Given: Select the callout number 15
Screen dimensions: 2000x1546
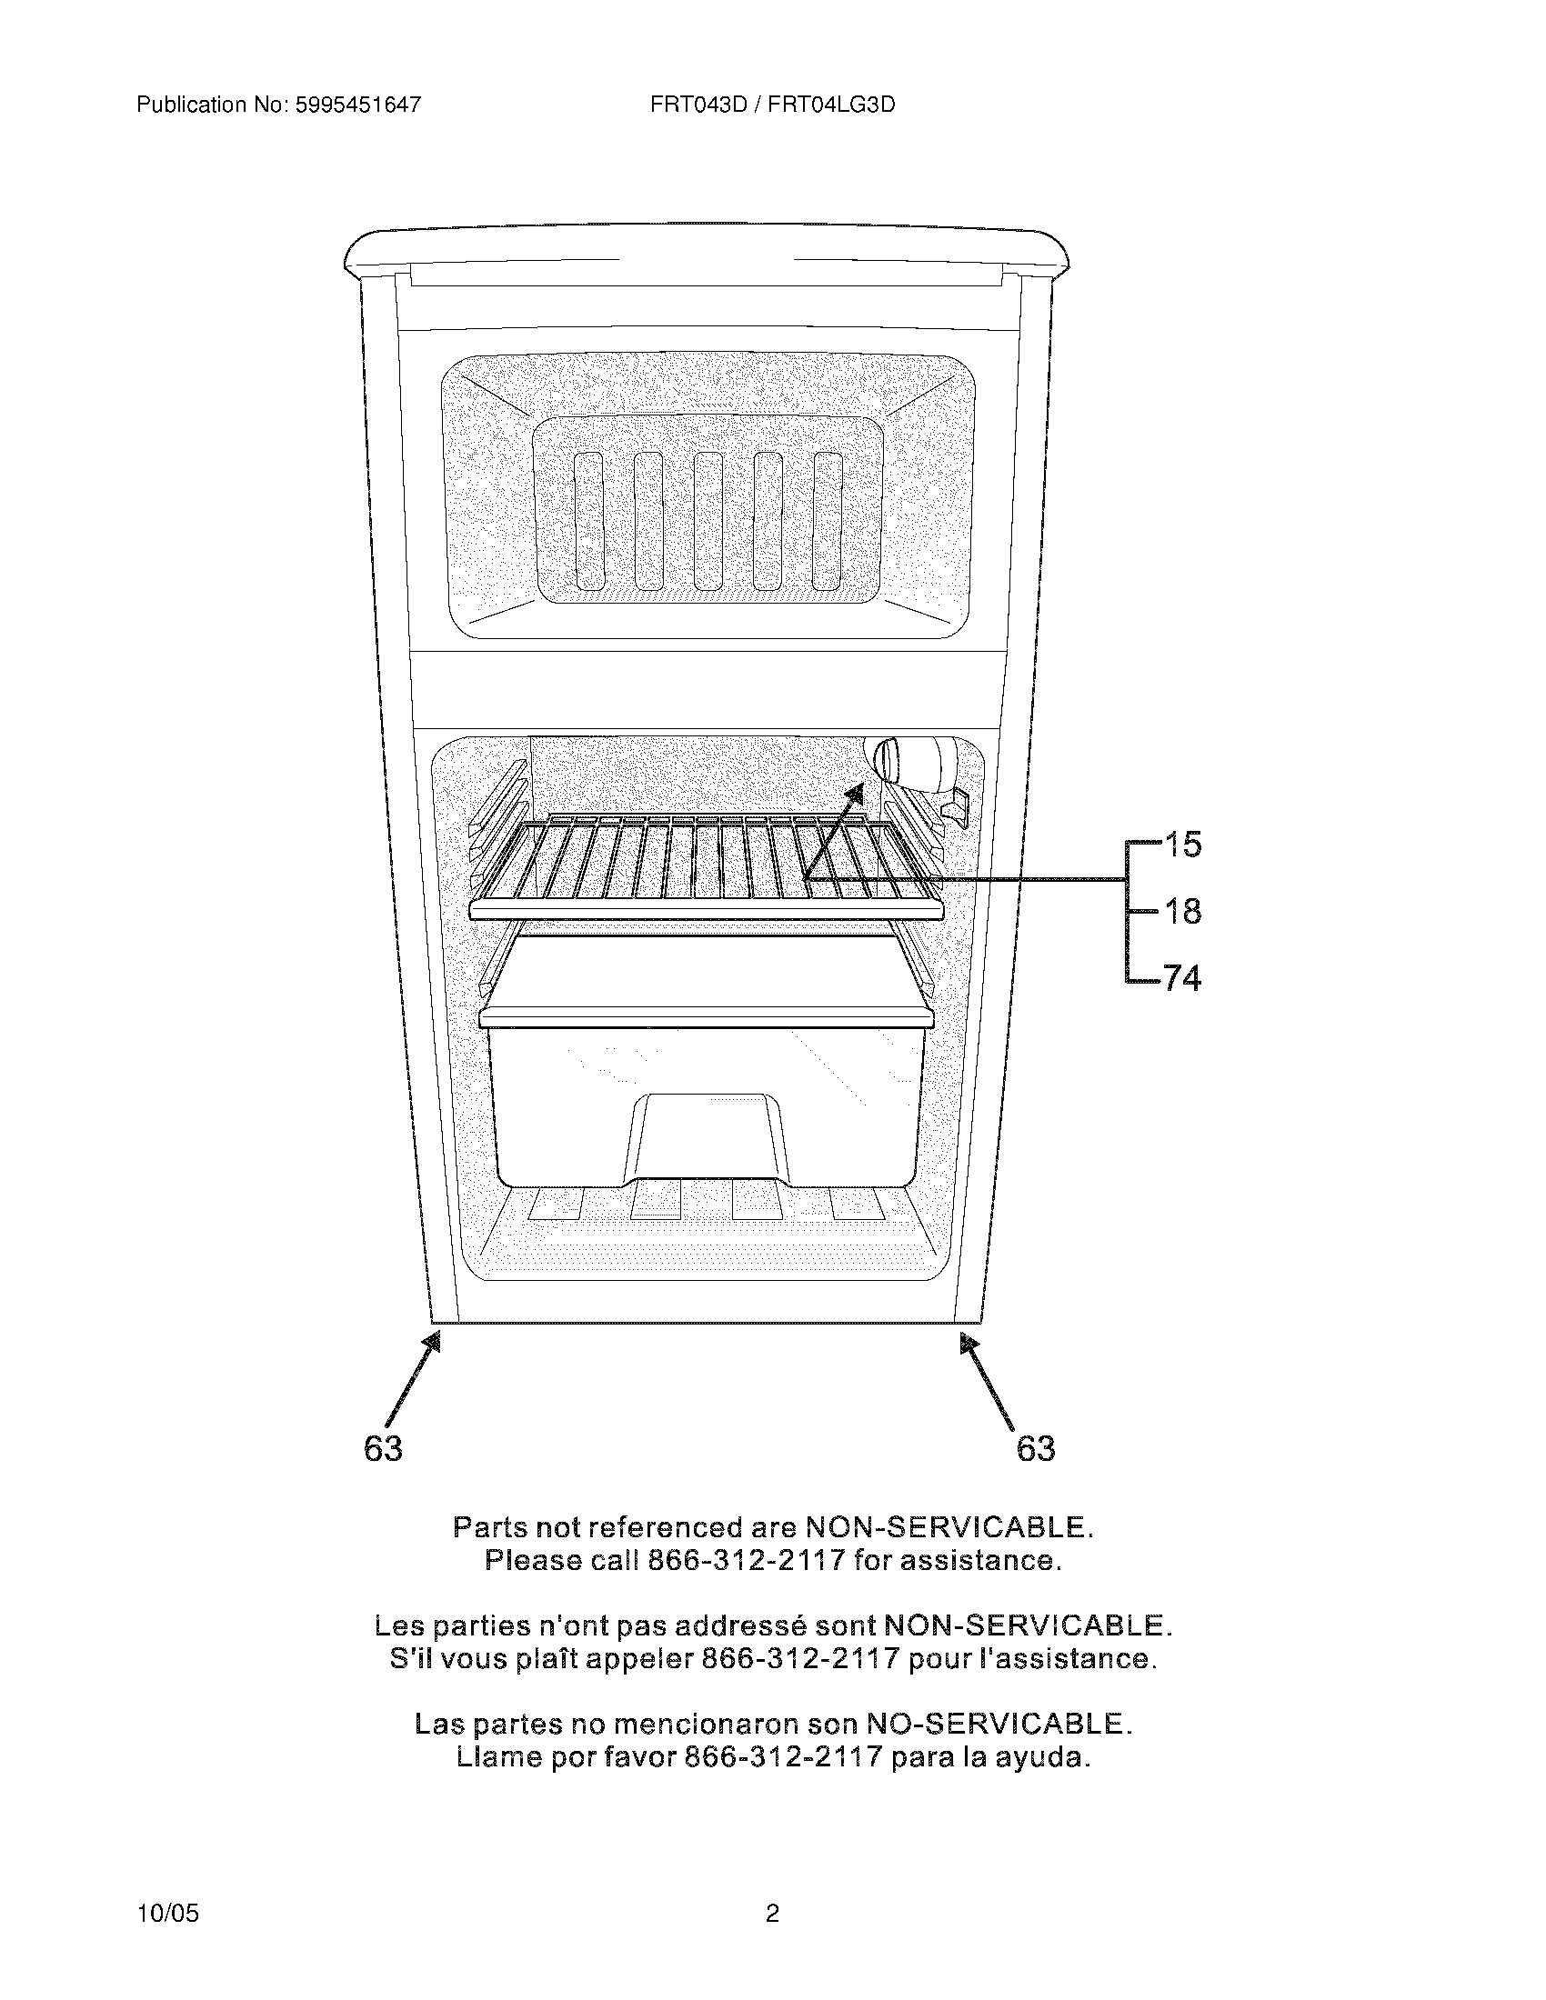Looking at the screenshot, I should click(x=1182, y=845).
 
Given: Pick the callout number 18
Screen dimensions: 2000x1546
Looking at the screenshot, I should click(x=1182, y=911).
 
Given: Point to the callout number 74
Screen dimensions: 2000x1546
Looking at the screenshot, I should click(x=1182, y=979).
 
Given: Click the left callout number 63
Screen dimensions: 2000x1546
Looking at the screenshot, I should click(x=383, y=1448).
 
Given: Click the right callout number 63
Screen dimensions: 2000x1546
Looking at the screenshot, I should click(x=1036, y=1448).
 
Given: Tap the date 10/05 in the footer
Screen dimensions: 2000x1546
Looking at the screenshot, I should click(x=166, y=1913).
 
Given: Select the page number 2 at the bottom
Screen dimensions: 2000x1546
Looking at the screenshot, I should click(x=772, y=1913).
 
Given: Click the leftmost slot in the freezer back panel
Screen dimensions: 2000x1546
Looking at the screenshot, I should click(x=589, y=520).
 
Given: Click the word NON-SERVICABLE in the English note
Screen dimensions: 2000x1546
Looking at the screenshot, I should click(x=948, y=1526).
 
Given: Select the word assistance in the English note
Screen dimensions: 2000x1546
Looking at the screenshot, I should click(x=979, y=1559).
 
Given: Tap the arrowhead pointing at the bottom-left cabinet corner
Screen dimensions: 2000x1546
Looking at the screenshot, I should click(x=432, y=1343).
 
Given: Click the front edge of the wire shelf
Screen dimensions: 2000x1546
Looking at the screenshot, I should click(x=706, y=909).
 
